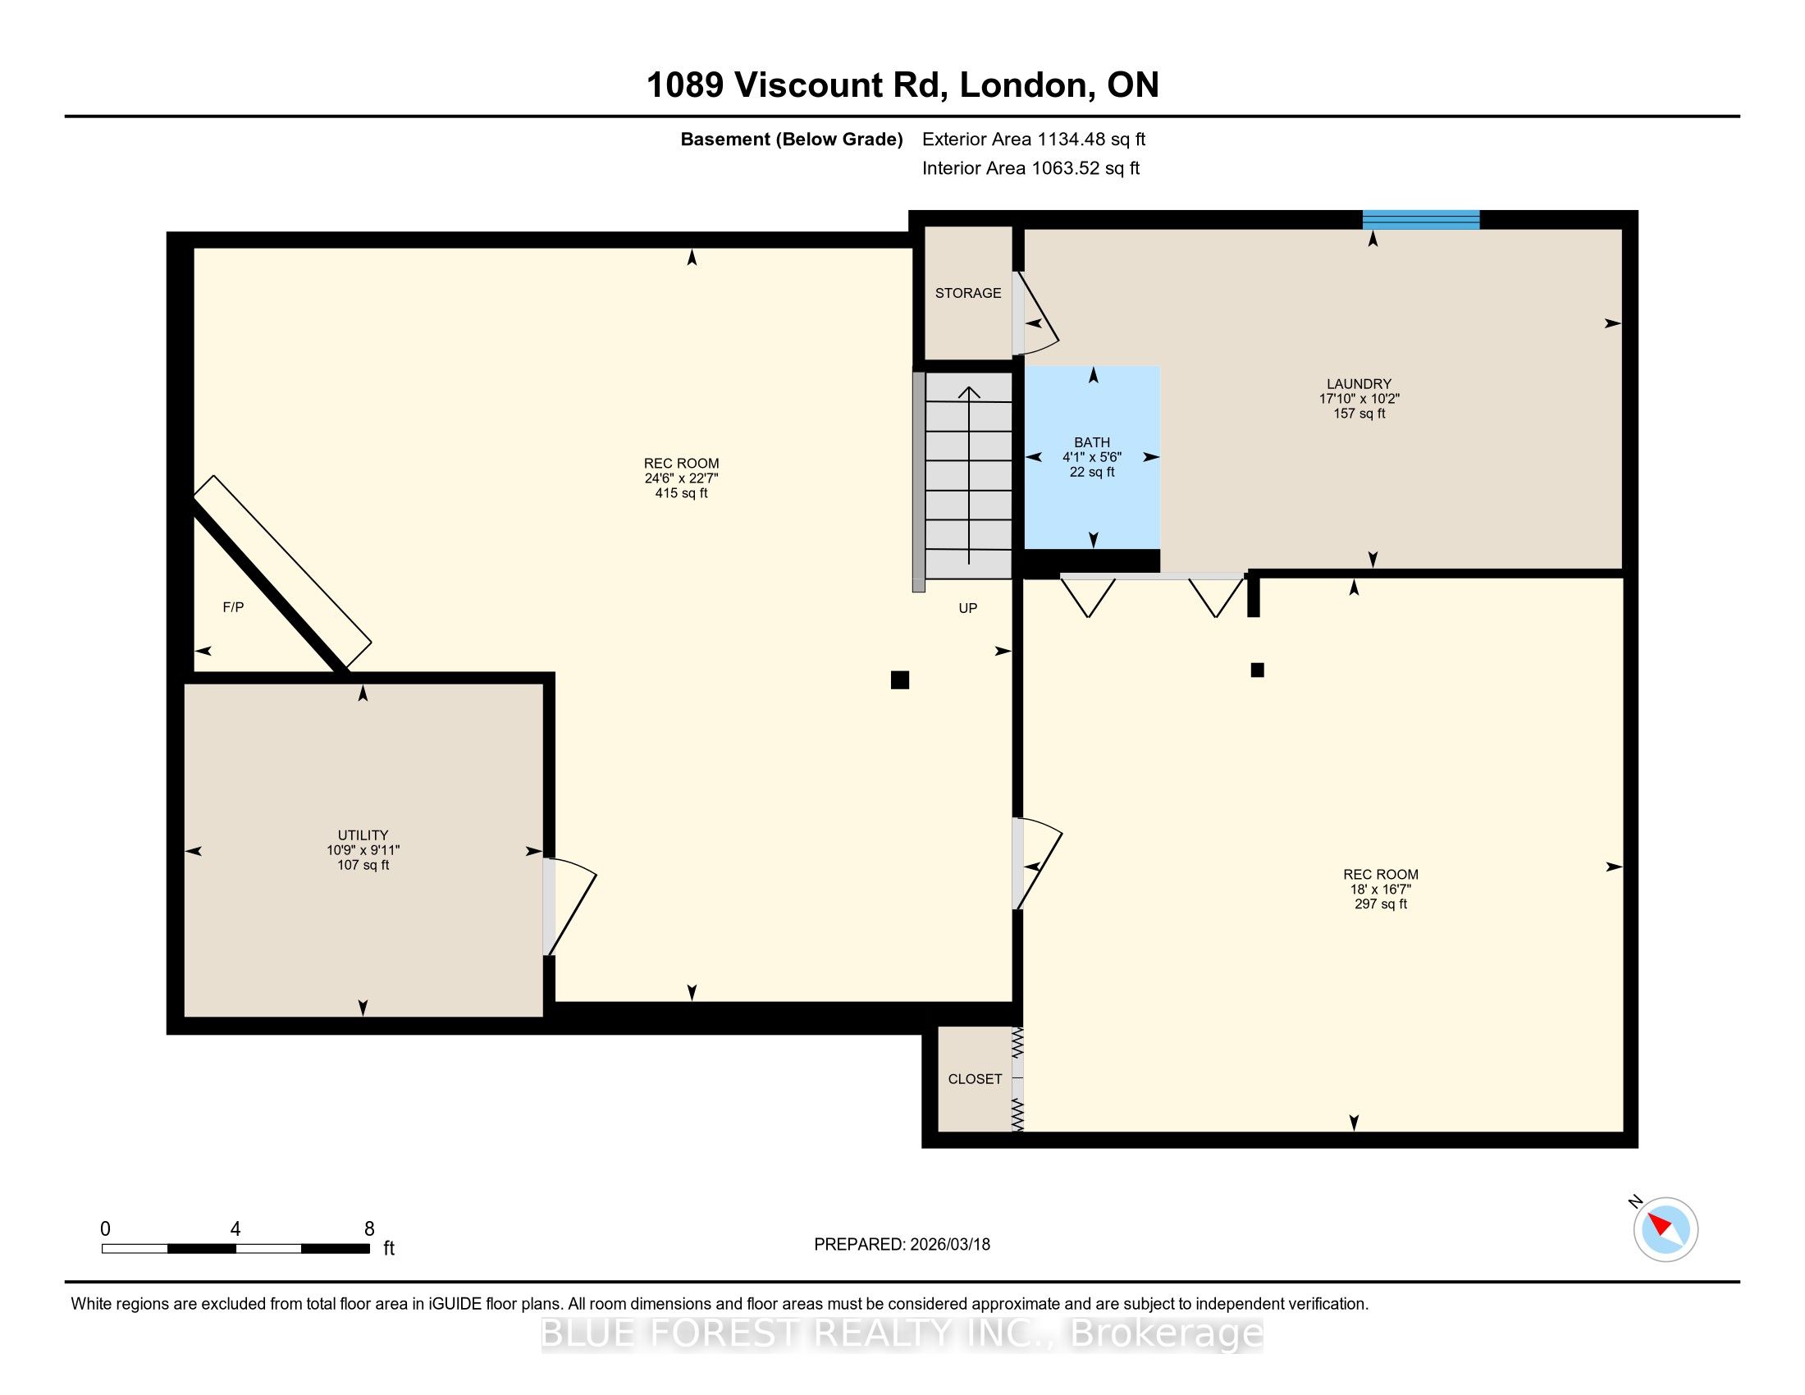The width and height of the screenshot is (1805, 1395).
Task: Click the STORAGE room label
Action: (968, 294)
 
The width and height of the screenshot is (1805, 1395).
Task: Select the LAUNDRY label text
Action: (1359, 383)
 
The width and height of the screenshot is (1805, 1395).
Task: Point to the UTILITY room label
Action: (363, 835)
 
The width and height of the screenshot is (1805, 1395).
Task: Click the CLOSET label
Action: (976, 1079)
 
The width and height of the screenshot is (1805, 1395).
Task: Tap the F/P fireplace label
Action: (233, 607)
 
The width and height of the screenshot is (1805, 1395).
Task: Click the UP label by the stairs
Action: (968, 608)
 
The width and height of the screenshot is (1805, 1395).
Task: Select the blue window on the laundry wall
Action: (1421, 220)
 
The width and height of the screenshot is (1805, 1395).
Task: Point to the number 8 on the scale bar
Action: (369, 1229)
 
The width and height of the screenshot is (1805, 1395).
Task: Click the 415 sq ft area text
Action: (681, 493)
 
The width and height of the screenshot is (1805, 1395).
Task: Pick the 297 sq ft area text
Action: (1380, 904)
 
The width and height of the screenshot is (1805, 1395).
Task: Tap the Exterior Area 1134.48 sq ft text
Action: (1034, 139)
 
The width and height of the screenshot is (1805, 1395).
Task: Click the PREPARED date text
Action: (902, 1245)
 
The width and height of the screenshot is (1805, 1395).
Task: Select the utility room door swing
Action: (569, 907)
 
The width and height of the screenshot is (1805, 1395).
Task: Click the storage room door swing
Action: (1035, 314)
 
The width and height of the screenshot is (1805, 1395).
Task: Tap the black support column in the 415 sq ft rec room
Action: (900, 680)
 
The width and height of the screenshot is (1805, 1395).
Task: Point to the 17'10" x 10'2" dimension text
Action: (1359, 398)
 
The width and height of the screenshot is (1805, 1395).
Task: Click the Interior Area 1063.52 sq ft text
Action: (1030, 168)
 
